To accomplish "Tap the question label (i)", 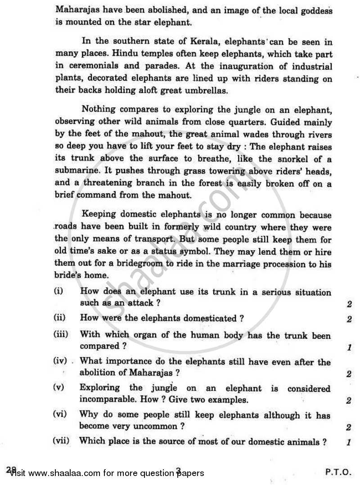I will (58, 292).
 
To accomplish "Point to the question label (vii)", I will (61, 441).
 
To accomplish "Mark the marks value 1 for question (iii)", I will (349, 347).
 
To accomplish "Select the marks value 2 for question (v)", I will (349, 400).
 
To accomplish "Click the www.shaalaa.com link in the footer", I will (64, 473).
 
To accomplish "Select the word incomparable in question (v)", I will (106, 400).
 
